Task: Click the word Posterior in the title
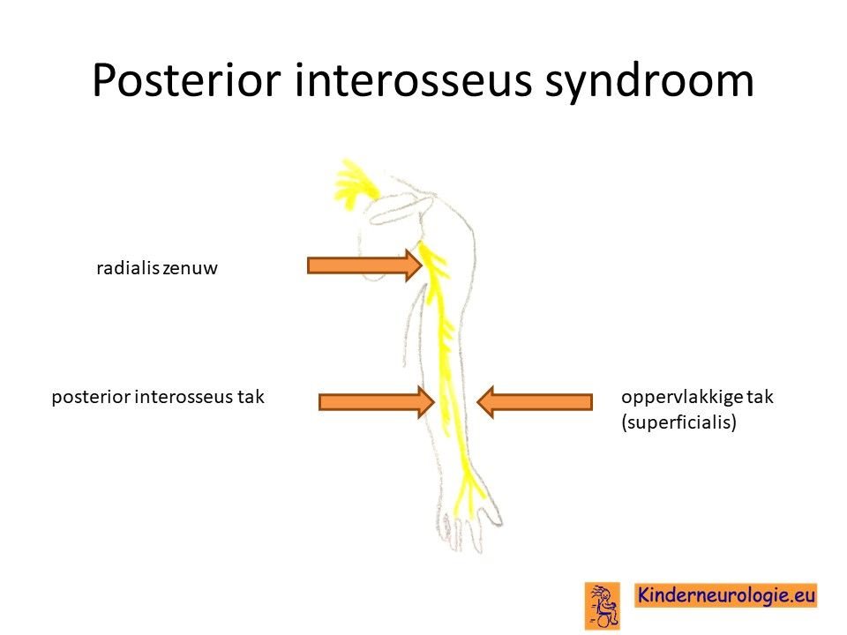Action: [x=186, y=80]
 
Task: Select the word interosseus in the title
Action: [x=413, y=80]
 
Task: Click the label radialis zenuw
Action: [x=157, y=268]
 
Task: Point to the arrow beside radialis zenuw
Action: [x=364, y=265]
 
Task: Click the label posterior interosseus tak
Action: [x=158, y=398]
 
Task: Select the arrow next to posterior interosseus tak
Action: [x=377, y=402]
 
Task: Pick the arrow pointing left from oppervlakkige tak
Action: [x=535, y=402]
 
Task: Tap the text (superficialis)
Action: [x=679, y=422]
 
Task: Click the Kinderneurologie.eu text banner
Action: [x=725, y=595]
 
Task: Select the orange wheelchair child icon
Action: [x=603, y=605]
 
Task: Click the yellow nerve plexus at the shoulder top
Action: [x=354, y=183]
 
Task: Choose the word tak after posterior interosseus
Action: [x=251, y=398]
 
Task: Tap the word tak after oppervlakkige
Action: [x=760, y=398]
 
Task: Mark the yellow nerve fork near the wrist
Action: [x=468, y=489]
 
